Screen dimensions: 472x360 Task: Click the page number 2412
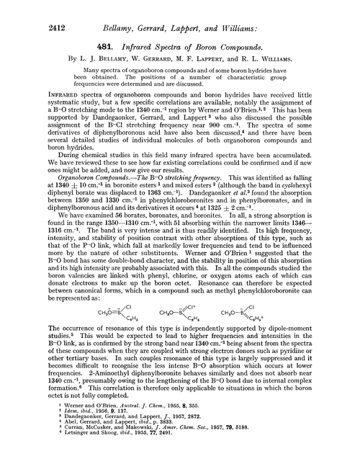[26, 12]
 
